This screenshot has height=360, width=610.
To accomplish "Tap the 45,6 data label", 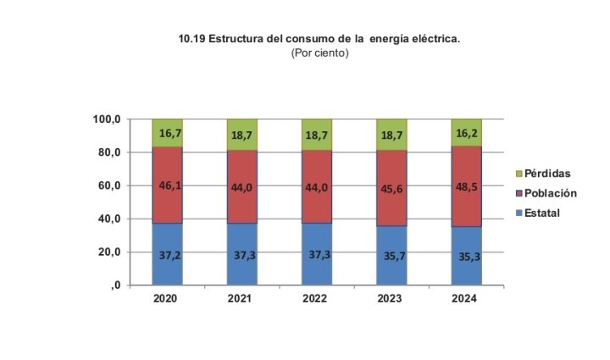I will pos(392,189).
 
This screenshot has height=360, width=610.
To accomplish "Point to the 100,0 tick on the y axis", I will pos(108,119).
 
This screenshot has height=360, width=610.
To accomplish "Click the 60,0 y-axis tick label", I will pos(109,186).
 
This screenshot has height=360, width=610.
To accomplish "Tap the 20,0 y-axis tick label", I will pos(109,252).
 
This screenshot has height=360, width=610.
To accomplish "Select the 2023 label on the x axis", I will pos(391,299).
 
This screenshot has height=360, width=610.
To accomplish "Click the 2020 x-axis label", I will pos(167,299).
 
